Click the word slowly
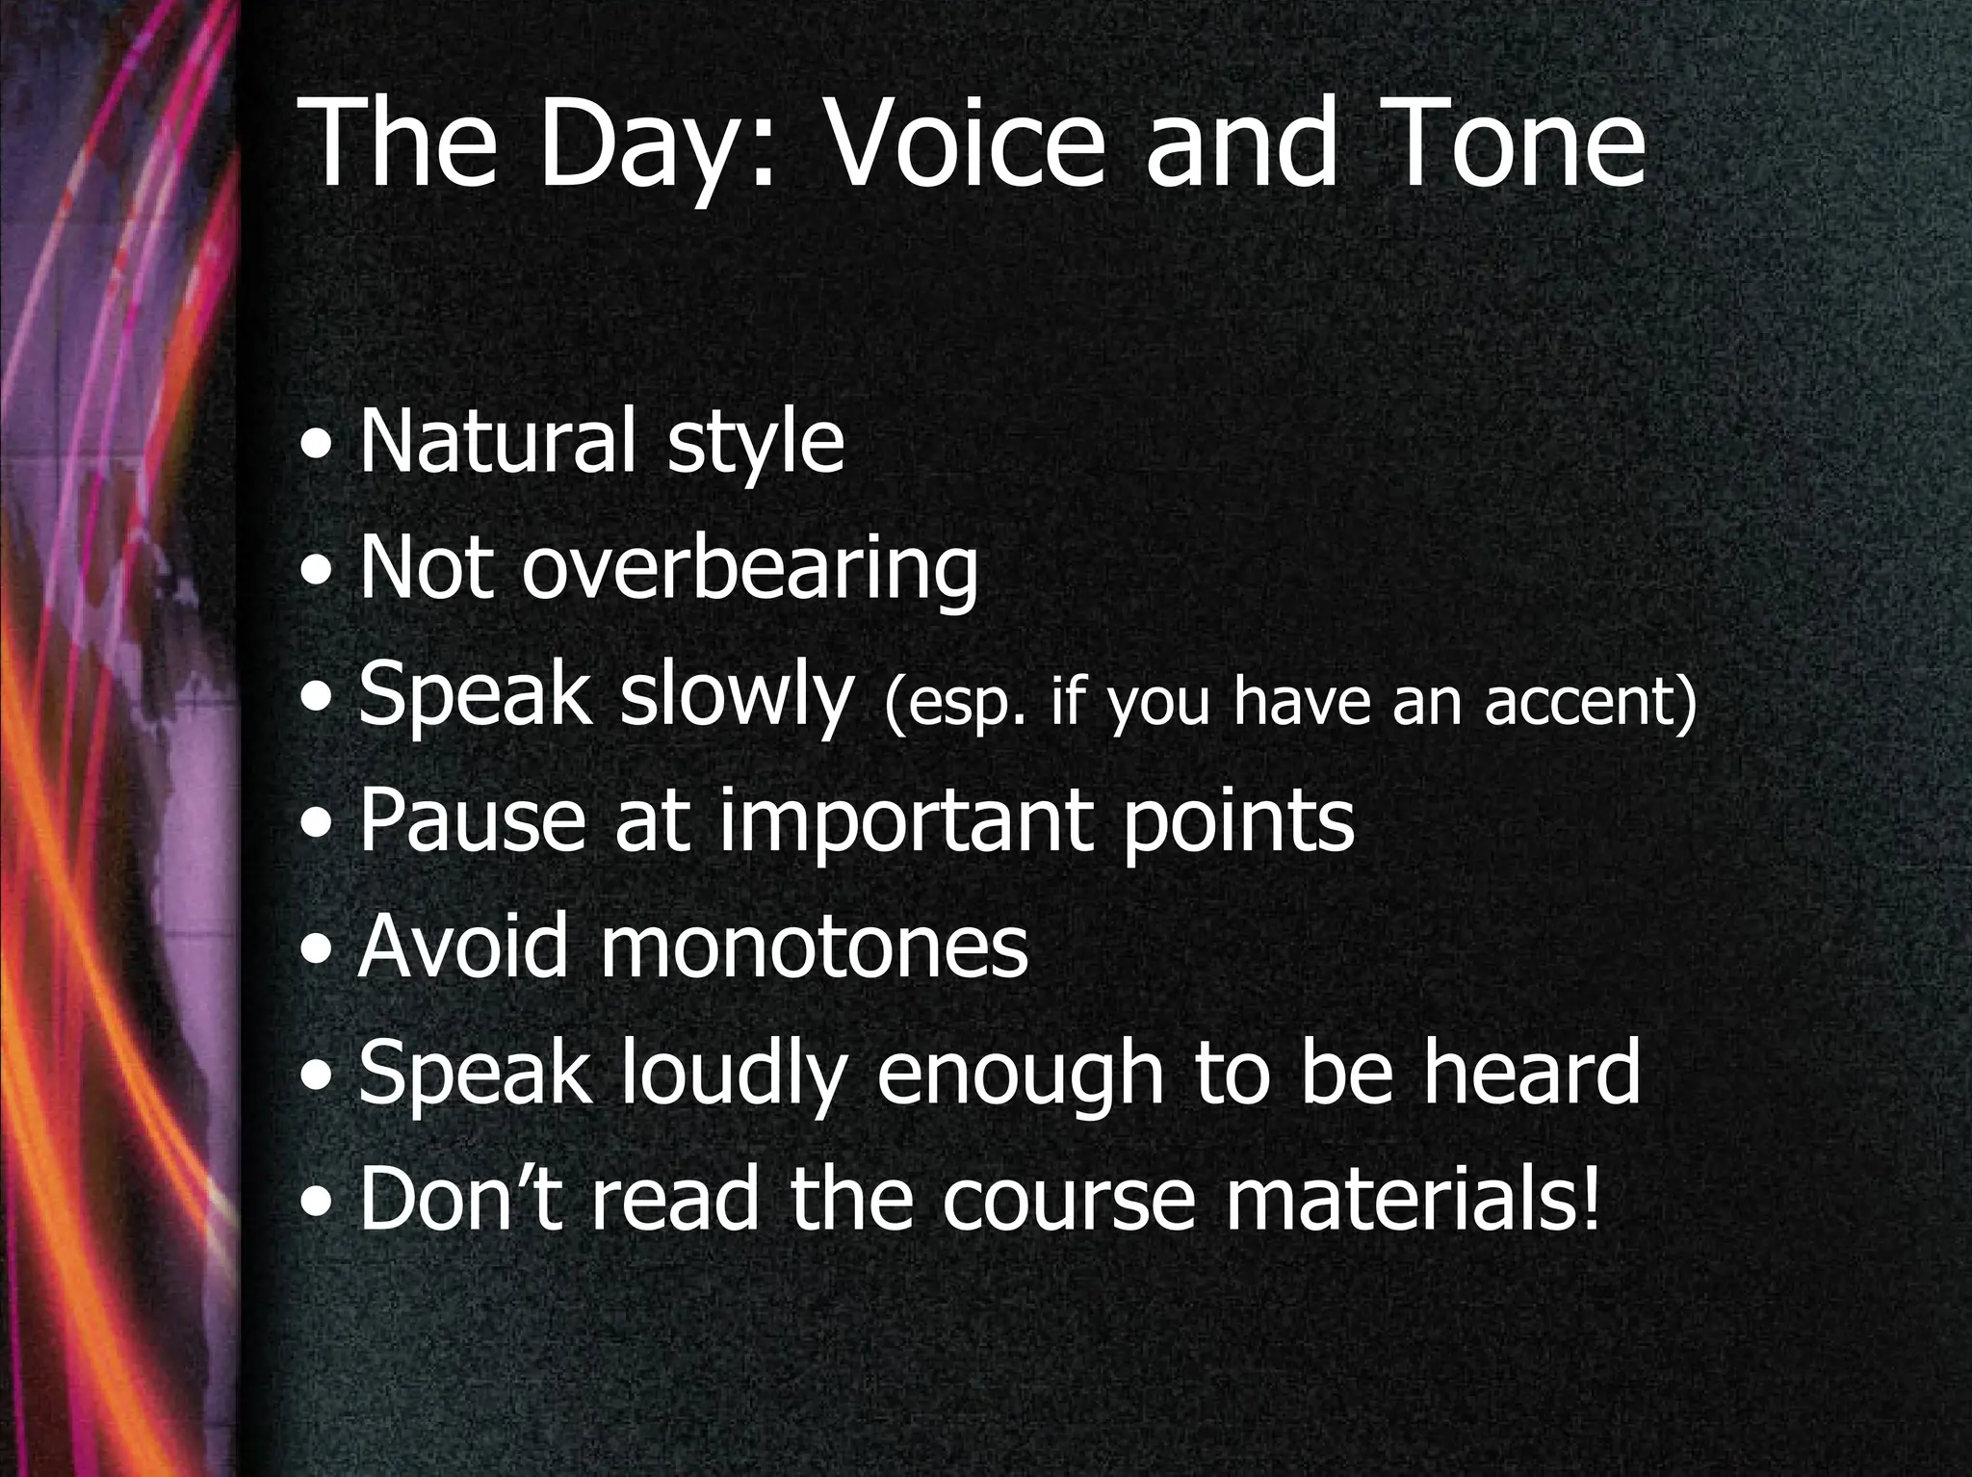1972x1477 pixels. [737, 696]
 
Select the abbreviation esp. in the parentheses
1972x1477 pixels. [957, 703]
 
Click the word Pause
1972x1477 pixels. [472, 820]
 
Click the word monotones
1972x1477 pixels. [814, 947]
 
